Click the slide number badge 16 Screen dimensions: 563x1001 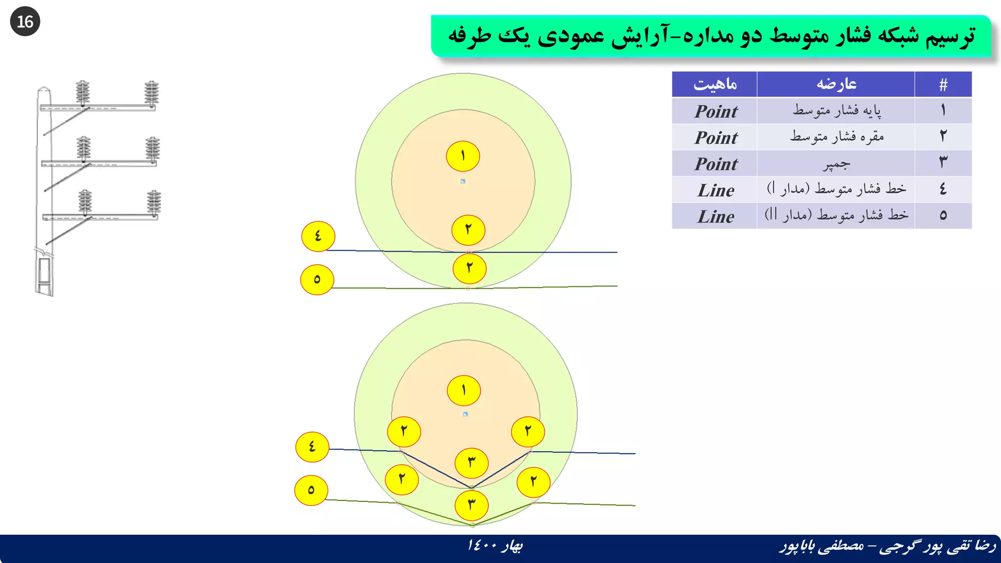(x=25, y=22)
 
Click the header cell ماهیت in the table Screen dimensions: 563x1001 (x=715, y=84)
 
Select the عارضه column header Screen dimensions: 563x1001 (x=836, y=84)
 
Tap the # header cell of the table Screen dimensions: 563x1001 (x=943, y=85)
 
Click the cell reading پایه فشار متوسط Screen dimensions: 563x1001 (x=836, y=110)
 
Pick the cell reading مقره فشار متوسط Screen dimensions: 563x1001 (x=836, y=137)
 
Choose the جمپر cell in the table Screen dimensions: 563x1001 (x=836, y=164)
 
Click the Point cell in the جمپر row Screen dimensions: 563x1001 (x=716, y=164)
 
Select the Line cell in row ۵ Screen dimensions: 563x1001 (x=716, y=216)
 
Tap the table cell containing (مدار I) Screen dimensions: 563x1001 (x=836, y=189)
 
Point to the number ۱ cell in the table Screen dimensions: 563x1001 (x=943, y=110)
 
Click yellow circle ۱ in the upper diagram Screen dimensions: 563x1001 (x=463, y=156)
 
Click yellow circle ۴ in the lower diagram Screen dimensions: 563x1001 (x=312, y=447)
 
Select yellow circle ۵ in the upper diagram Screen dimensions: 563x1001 (x=317, y=280)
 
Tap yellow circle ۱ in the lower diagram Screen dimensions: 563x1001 (x=464, y=390)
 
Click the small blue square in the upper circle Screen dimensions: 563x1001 (x=463, y=181)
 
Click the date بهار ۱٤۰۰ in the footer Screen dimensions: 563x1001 (x=495, y=545)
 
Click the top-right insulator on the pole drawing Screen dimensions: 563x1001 (x=152, y=93)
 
